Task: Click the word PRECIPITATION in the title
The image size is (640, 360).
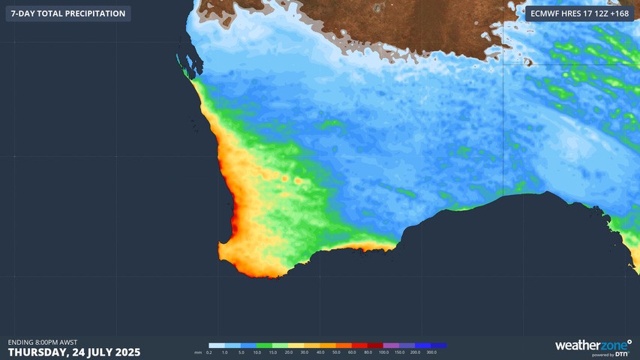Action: [90, 13]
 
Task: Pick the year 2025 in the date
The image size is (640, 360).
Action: [125, 352]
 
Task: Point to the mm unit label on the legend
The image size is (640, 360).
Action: [198, 352]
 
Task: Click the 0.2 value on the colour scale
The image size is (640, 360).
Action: [209, 352]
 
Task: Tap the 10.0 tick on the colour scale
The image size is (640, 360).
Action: [257, 352]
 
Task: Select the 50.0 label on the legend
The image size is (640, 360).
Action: [336, 352]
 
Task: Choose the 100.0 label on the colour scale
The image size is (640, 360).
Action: [383, 352]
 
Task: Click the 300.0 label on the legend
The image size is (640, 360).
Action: [431, 352]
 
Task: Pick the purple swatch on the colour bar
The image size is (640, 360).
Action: [391, 345]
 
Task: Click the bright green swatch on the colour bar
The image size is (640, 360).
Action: [280, 345]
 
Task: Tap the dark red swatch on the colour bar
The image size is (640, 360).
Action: [375, 345]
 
